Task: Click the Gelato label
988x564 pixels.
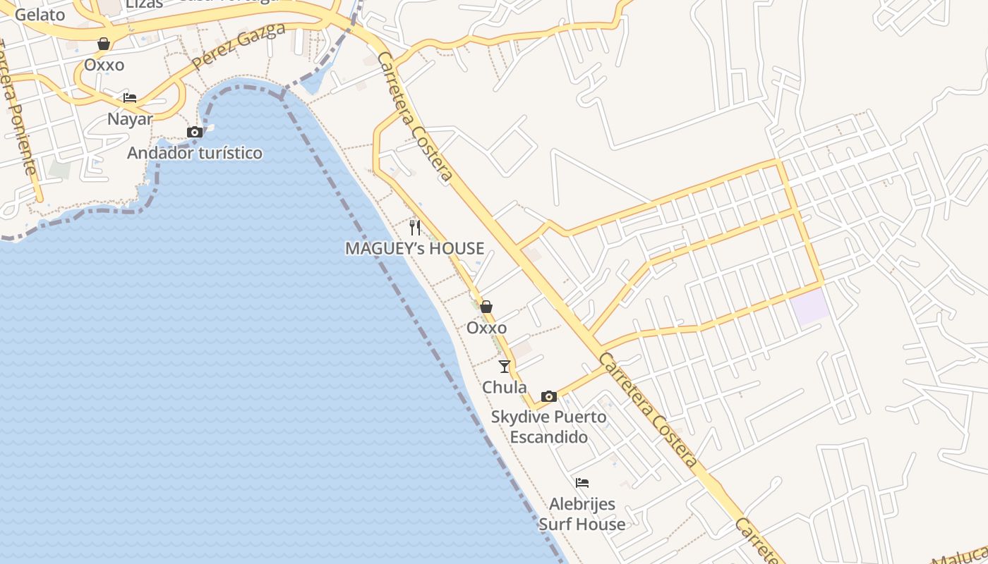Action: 40,14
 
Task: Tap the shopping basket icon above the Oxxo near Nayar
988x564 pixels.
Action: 104,44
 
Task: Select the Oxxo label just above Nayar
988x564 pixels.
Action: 104,65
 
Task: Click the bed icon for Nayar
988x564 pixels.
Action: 129,98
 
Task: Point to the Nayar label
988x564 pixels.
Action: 130,118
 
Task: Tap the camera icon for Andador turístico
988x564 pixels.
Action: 195,132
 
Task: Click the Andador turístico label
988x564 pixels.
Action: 195,153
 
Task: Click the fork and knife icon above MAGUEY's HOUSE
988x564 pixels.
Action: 415,227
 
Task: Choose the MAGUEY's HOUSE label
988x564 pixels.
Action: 415,248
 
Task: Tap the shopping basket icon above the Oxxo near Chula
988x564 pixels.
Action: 486,307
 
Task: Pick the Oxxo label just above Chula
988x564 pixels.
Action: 486,328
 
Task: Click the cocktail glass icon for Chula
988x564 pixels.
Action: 504,367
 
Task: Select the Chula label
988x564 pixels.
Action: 504,387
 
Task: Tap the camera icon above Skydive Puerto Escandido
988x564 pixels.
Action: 548,396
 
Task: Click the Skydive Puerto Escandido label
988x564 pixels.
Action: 548,427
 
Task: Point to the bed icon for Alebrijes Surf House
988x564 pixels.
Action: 582,483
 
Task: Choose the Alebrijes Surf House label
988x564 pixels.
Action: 582,514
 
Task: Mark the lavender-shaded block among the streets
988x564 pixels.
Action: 809,307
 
